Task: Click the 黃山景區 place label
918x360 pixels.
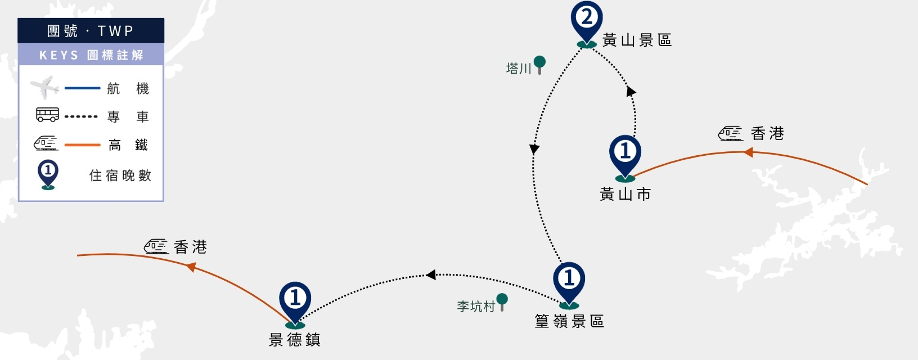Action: (x=637, y=40)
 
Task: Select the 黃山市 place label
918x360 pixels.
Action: (x=625, y=194)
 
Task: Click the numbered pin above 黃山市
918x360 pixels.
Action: (x=625, y=158)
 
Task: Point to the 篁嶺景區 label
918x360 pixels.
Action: (x=570, y=321)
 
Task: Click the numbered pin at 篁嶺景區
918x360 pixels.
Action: (x=569, y=285)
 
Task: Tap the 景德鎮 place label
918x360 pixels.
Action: (x=295, y=340)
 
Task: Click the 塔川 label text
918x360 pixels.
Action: (x=519, y=68)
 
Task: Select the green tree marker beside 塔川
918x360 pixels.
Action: (x=540, y=65)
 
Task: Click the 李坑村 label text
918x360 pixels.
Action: (x=476, y=307)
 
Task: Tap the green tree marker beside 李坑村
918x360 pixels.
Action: (x=502, y=302)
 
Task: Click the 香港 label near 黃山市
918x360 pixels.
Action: (x=767, y=134)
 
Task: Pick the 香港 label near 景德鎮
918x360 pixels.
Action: (x=190, y=247)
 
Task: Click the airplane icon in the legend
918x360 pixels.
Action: (x=44, y=87)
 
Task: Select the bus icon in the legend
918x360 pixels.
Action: (x=48, y=115)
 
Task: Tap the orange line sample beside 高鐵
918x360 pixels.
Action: (x=82, y=145)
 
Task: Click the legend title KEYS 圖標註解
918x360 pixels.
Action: (x=91, y=55)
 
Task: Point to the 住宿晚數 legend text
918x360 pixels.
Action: (x=120, y=175)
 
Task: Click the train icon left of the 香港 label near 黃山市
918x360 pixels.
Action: (x=731, y=133)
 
